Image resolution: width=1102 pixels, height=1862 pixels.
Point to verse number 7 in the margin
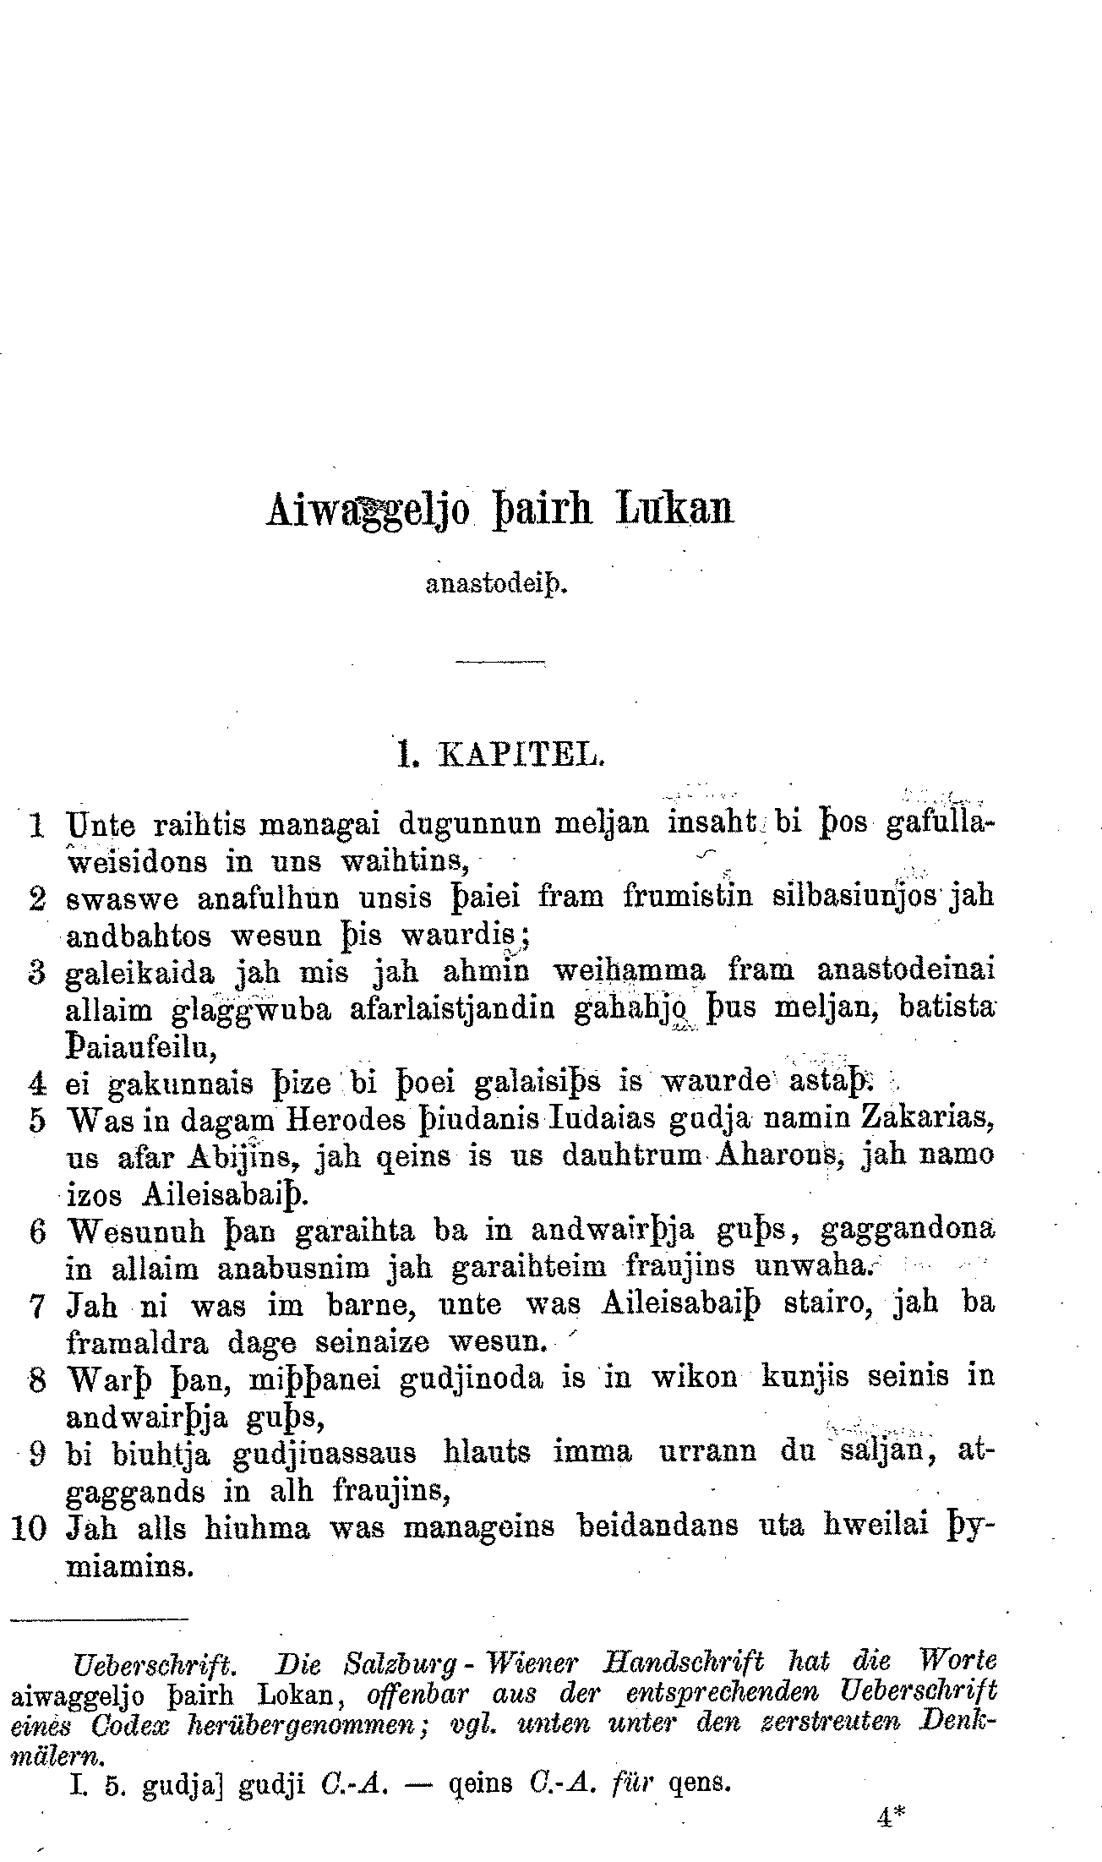36,1307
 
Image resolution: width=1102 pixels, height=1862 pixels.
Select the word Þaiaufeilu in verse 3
141,1048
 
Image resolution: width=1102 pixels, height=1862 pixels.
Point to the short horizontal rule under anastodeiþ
500,659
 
